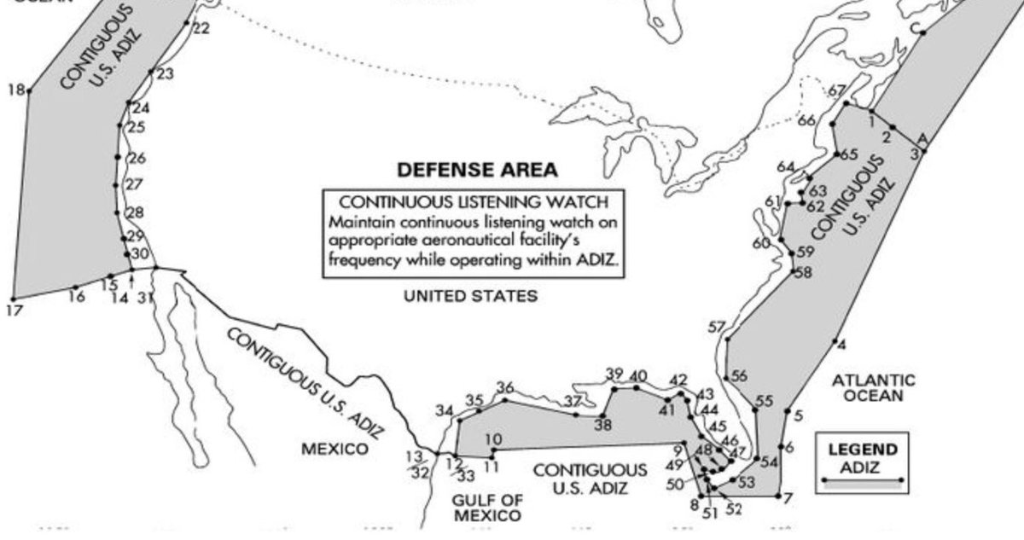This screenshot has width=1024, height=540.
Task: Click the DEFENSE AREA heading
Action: coord(478,170)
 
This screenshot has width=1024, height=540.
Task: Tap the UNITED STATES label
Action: coord(470,297)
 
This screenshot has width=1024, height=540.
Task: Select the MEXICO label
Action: coord(335,449)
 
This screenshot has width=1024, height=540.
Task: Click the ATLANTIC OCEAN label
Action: coord(874,387)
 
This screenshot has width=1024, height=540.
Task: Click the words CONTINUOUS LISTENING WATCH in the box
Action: coord(474,202)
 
